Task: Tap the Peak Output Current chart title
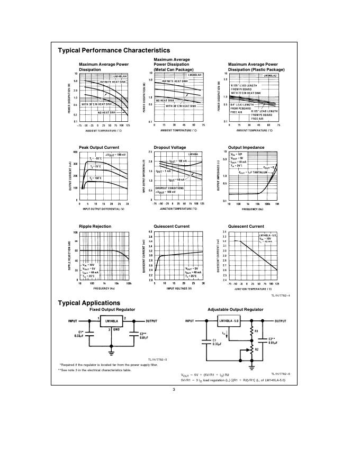click(x=98, y=148)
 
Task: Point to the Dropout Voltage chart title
click(x=169, y=148)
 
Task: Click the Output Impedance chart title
click(x=246, y=148)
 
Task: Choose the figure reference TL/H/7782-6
click(x=281, y=373)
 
